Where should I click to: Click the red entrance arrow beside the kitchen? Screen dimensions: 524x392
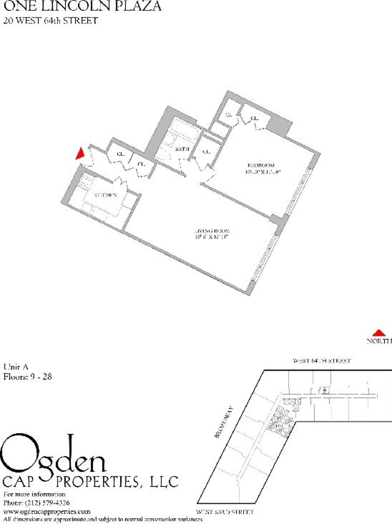(x=80, y=154)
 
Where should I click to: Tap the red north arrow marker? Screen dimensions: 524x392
(x=378, y=333)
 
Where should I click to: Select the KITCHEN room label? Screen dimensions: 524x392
(x=105, y=195)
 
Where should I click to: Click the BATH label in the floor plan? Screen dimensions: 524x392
(x=182, y=149)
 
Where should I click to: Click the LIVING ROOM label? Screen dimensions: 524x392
(x=212, y=231)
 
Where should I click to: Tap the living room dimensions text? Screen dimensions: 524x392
(x=212, y=238)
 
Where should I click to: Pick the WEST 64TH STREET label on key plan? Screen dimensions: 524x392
(x=322, y=361)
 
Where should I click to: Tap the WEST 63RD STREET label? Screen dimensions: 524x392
(x=225, y=512)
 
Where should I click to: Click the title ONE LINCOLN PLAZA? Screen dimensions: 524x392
(x=82, y=7)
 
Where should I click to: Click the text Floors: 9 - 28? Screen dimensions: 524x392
(x=27, y=377)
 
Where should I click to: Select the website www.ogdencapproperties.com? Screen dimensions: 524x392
(x=47, y=511)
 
